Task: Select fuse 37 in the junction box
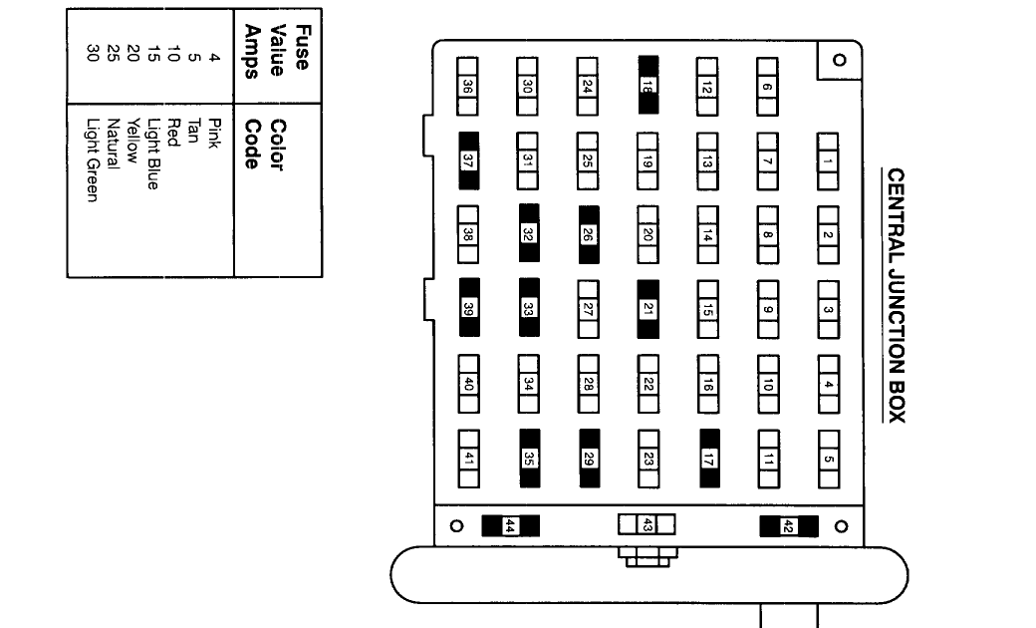coord(468,160)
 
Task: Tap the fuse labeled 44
coord(510,526)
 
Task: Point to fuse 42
coord(788,526)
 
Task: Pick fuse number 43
coord(647,524)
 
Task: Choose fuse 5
coord(828,459)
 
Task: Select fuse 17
coord(708,459)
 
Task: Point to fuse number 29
coord(588,459)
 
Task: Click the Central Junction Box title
coord(896,295)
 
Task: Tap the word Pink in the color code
coord(211,133)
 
